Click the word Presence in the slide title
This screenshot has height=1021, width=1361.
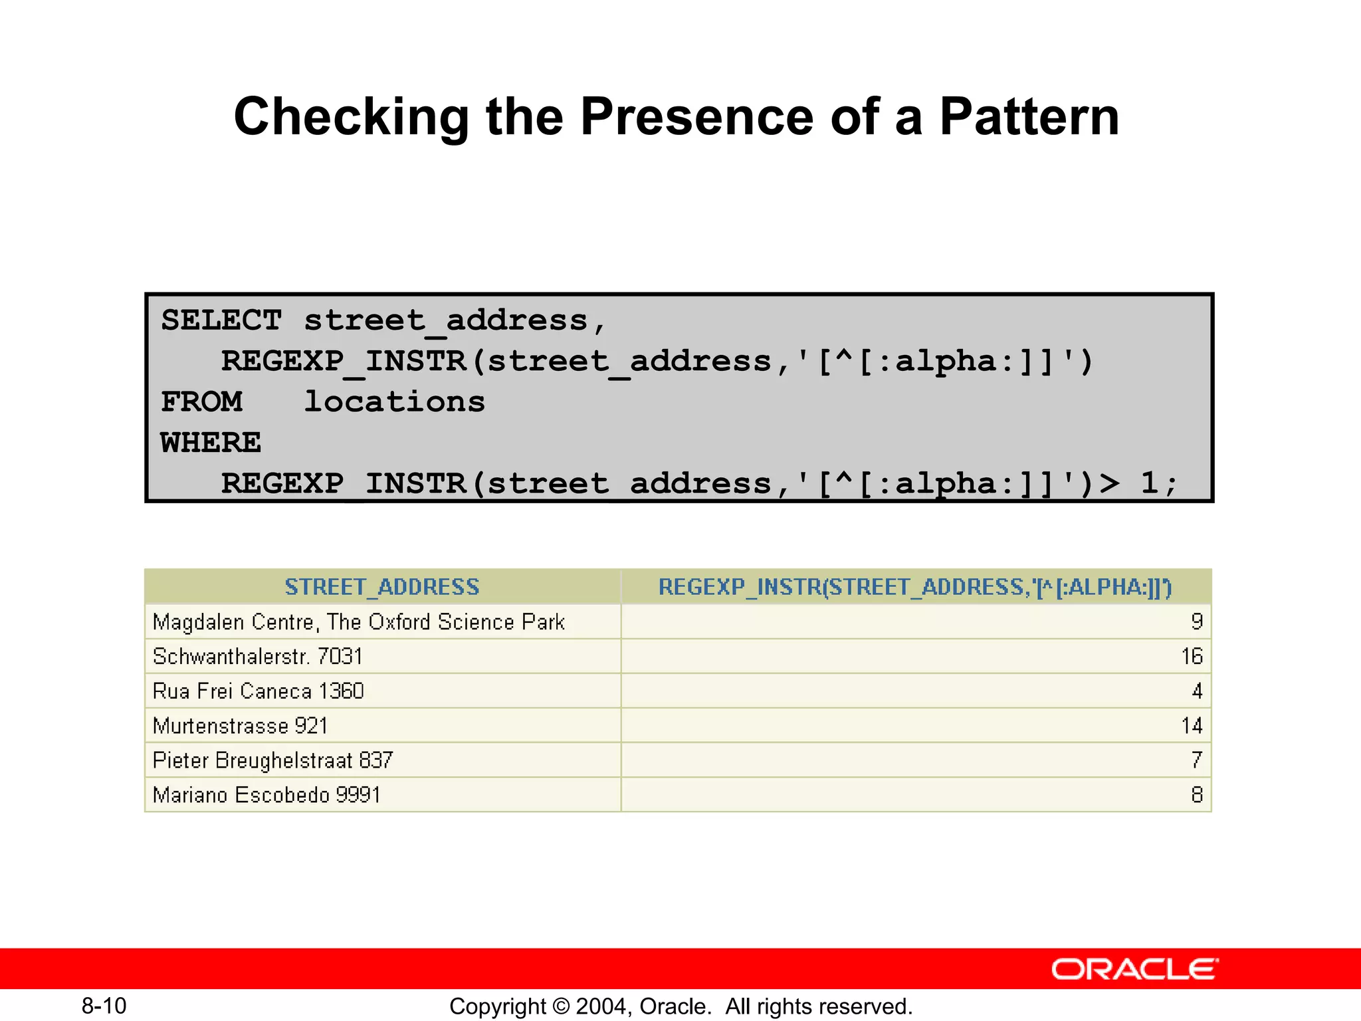[x=696, y=117]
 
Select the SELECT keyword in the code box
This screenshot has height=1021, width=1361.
[x=221, y=320]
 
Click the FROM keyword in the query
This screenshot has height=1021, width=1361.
[x=201, y=402]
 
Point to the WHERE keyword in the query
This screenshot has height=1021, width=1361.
[x=211, y=443]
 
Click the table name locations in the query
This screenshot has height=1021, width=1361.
[x=394, y=402]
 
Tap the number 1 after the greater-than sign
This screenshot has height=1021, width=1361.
[x=1150, y=483]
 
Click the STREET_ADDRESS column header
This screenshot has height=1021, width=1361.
[x=382, y=587]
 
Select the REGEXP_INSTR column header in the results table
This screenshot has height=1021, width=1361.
[x=915, y=587]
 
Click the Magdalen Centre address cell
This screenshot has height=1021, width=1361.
[x=359, y=622]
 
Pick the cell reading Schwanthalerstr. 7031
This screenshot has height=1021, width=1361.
[x=258, y=657]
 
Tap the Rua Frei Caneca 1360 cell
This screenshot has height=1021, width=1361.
[x=259, y=691]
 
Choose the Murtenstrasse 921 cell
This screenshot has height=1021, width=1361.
[x=241, y=726]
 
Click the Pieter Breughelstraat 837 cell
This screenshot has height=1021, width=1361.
[x=273, y=760]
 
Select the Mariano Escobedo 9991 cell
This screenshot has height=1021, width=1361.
[x=266, y=795]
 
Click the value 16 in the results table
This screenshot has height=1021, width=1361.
[x=1192, y=657]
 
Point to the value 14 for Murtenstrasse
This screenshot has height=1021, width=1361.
[x=1192, y=726]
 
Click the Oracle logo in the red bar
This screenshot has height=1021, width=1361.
[x=1134, y=969]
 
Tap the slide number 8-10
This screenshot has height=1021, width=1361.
[x=104, y=1006]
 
